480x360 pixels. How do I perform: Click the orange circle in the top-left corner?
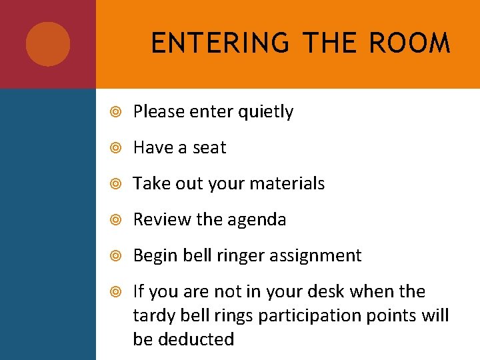(48, 44)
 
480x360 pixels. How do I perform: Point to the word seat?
(209, 147)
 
